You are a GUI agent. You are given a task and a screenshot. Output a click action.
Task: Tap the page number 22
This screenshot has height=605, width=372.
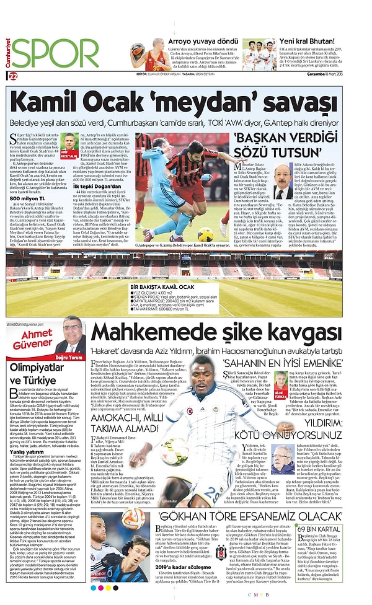coord(13,76)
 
